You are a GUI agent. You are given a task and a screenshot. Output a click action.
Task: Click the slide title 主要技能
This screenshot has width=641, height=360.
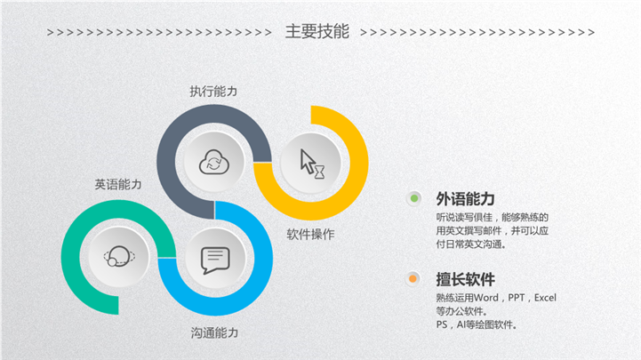(x=316, y=31)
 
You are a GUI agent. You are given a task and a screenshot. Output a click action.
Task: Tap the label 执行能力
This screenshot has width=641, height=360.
(x=213, y=92)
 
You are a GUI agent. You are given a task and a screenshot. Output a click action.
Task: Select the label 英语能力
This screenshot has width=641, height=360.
(x=118, y=184)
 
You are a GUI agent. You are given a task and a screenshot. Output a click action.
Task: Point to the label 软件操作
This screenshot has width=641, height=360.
(x=310, y=234)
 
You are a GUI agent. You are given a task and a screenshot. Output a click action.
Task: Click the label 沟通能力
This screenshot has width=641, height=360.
(x=214, y=332)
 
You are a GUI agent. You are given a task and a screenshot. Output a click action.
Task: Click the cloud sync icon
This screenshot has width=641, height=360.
(x=213, y=163)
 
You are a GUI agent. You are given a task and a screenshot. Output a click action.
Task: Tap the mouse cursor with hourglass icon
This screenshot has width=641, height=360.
(x=313, y=164)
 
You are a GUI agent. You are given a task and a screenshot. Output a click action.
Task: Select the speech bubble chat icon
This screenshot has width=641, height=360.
(x=215, y=260)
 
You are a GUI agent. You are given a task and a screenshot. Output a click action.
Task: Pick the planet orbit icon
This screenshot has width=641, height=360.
(x=119, y=256)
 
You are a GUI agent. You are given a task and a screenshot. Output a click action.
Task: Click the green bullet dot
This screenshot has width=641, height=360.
(x=414, y=198)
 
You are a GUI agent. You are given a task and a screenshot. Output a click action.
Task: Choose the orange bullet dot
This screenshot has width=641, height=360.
(x=413, y=279)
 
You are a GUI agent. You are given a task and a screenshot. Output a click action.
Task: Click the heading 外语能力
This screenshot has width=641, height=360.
(x=465, y=199)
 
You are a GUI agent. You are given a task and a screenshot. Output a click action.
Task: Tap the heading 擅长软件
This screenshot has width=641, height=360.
(x=465, y=279)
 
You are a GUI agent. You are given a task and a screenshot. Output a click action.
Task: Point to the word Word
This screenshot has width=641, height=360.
(x=486, y=298)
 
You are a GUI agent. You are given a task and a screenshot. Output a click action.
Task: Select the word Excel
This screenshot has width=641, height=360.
(x=545, y=298)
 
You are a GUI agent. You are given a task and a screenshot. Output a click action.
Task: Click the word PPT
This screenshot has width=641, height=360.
(x=517, y=298)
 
